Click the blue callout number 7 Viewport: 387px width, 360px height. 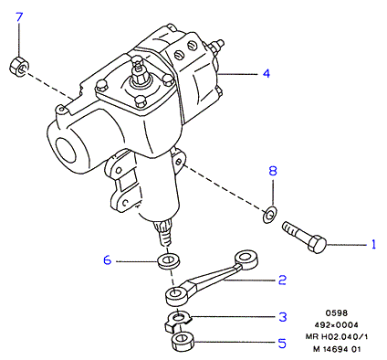(19, 17)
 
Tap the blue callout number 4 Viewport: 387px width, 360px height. (267, 73)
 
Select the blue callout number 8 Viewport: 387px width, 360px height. (273, 171)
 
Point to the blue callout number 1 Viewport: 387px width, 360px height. (373, 244)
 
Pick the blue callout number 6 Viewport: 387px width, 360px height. (108, 260)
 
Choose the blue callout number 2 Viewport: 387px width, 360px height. (282, 280)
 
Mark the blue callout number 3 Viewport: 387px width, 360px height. (283, 317)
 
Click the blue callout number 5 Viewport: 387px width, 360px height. (282, 344)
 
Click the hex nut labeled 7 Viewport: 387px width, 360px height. (19, 66)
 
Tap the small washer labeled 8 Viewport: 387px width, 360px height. (269, 215)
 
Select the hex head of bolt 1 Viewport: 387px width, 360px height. (317, 244)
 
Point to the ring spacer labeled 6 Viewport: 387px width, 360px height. (168, 260)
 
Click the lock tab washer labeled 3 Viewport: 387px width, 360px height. (177, 322)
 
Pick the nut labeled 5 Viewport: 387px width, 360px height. (183, 341)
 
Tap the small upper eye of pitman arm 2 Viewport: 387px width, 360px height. (246, 259)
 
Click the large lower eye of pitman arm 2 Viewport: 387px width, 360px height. (176, 296)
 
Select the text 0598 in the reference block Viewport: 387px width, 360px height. (337, 312)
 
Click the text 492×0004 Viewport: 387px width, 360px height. (336, 324)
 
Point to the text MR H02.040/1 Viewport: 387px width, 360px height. (337, 336)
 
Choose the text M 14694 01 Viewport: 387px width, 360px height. (337, 349)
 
